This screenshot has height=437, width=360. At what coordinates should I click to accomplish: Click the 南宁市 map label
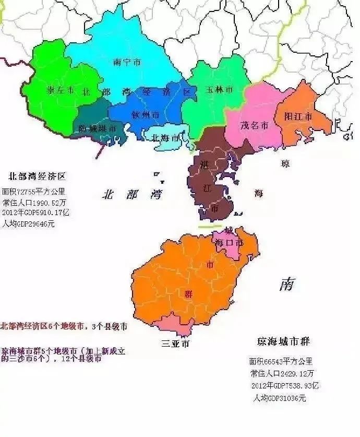click(x=127, y=62)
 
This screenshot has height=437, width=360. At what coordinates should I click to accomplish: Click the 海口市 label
click(x=229, y=242)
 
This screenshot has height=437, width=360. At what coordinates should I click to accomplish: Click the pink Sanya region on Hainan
click(x=181, y=324)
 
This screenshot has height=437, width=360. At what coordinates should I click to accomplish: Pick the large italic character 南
click(x=286, y=285)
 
